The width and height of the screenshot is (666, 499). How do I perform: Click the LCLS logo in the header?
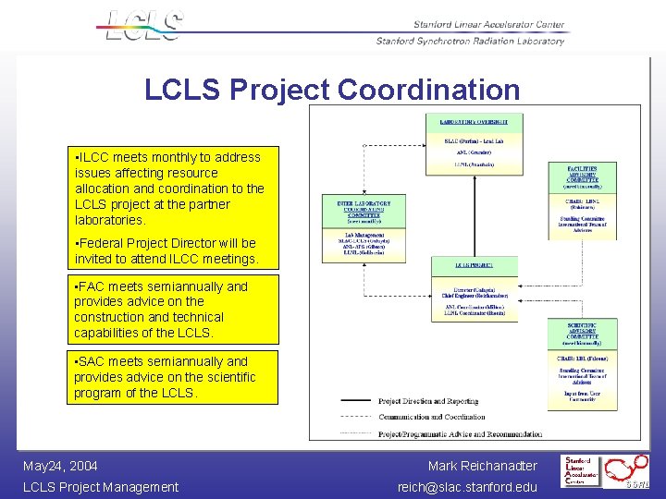143,25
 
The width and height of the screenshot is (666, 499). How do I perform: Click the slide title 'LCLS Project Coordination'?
332,90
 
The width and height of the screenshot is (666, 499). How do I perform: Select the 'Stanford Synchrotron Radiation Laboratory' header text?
470,41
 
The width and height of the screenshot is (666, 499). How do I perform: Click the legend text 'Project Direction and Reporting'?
428,401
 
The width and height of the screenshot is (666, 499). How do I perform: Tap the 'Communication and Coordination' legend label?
432,417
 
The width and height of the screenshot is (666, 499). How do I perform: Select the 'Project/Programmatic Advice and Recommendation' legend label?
460,432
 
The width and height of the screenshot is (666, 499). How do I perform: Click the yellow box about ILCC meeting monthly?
175,189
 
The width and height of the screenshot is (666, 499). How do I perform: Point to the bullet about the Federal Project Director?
166,251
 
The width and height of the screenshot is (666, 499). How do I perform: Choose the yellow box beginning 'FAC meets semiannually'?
175,310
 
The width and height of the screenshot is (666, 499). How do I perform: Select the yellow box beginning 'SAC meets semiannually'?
175,377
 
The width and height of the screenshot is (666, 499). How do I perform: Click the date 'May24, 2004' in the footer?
60,466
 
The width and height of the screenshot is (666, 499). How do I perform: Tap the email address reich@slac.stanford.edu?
467,487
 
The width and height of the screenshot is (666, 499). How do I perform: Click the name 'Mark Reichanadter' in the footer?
482,466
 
